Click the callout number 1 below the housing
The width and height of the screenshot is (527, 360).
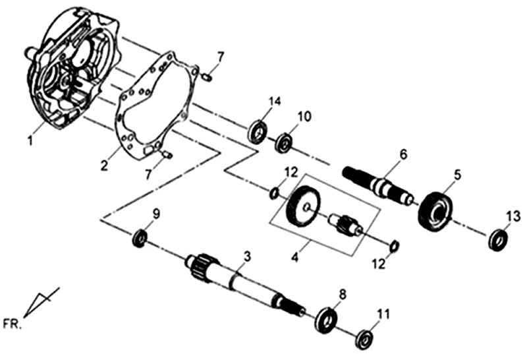29,140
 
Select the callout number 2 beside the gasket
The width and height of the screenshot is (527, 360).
104,166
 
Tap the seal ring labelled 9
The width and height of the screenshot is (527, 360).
140,237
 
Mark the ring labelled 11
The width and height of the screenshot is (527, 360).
363,340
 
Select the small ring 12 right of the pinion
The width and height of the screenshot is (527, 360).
393,247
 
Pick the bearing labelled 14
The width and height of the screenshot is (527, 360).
258,131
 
